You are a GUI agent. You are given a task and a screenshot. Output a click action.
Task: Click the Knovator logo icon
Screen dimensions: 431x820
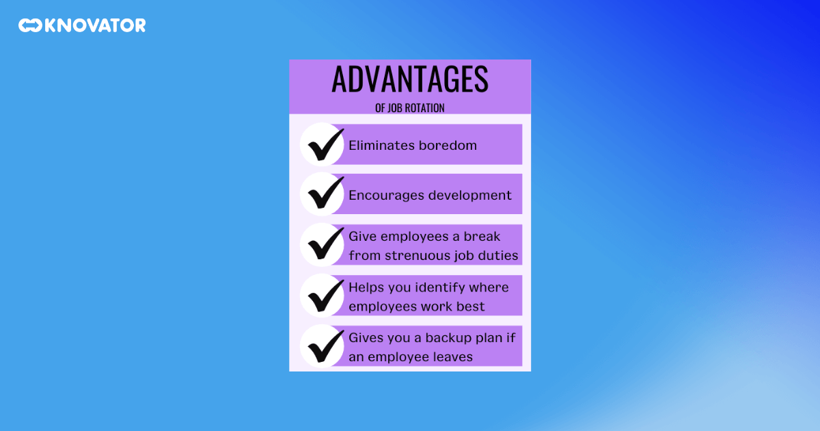pos(30,26)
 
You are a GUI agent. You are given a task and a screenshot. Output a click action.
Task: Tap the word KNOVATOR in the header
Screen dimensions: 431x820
pos(95,26)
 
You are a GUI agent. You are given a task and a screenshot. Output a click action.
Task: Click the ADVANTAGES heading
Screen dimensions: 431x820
pos(409,79)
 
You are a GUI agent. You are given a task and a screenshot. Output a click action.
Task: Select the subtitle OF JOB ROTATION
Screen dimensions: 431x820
pos(409,108)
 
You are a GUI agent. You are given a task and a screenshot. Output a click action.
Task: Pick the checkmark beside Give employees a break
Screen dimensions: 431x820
pos(323,245)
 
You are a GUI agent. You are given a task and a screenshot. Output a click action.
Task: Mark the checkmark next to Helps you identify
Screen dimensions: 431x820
pos(323,296)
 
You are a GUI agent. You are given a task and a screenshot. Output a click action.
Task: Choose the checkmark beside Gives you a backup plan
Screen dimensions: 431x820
pos(323,346)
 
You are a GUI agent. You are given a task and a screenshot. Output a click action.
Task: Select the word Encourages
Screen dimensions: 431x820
pos(387,195)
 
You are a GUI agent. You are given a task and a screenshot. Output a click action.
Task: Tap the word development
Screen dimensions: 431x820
pos(471,196)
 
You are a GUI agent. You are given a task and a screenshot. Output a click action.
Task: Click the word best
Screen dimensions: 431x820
pos(471,306)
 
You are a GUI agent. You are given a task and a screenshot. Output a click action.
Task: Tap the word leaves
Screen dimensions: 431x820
pos(453,356)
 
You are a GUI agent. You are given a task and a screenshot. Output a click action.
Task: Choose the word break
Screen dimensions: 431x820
pos(482,237)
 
